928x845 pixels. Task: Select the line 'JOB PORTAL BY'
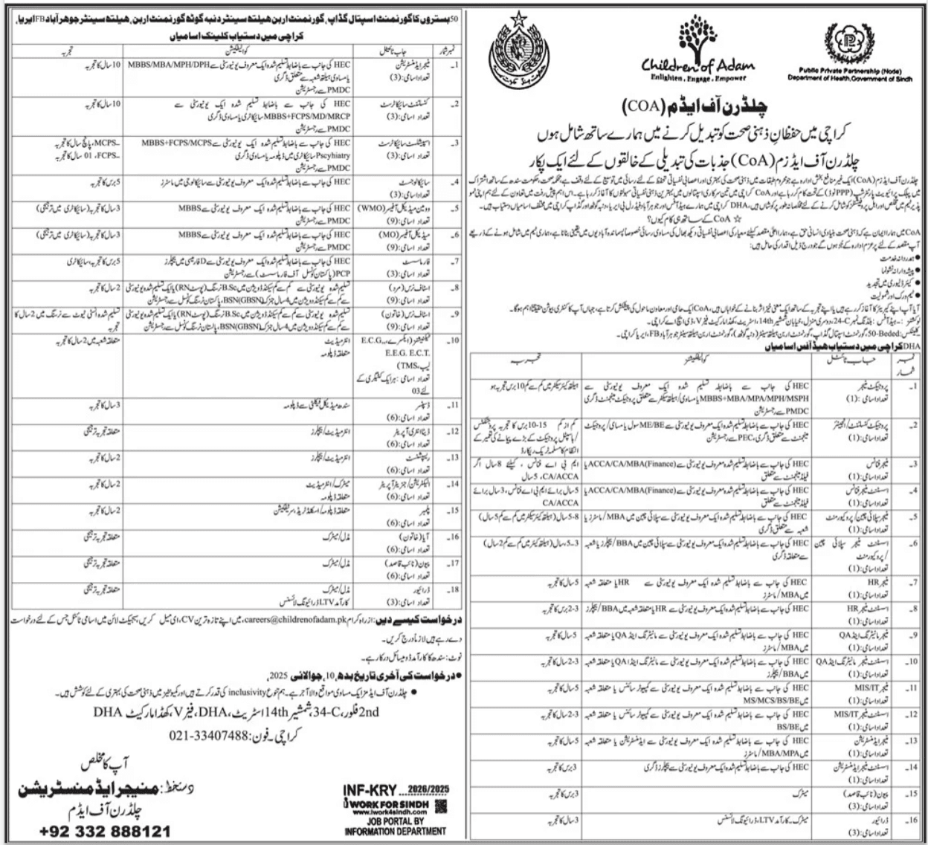398,823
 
